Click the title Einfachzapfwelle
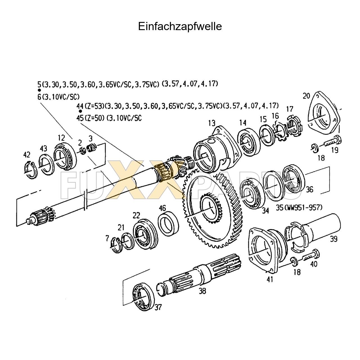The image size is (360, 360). point(180,26)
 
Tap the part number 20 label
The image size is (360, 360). point(306,96)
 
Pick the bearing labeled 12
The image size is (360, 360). point(65,157)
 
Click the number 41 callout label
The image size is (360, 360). point(270,280)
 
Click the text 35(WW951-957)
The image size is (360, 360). point(299,208)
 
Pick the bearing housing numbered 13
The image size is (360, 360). point(214,152)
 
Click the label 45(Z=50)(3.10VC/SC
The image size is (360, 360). point(109,118)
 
